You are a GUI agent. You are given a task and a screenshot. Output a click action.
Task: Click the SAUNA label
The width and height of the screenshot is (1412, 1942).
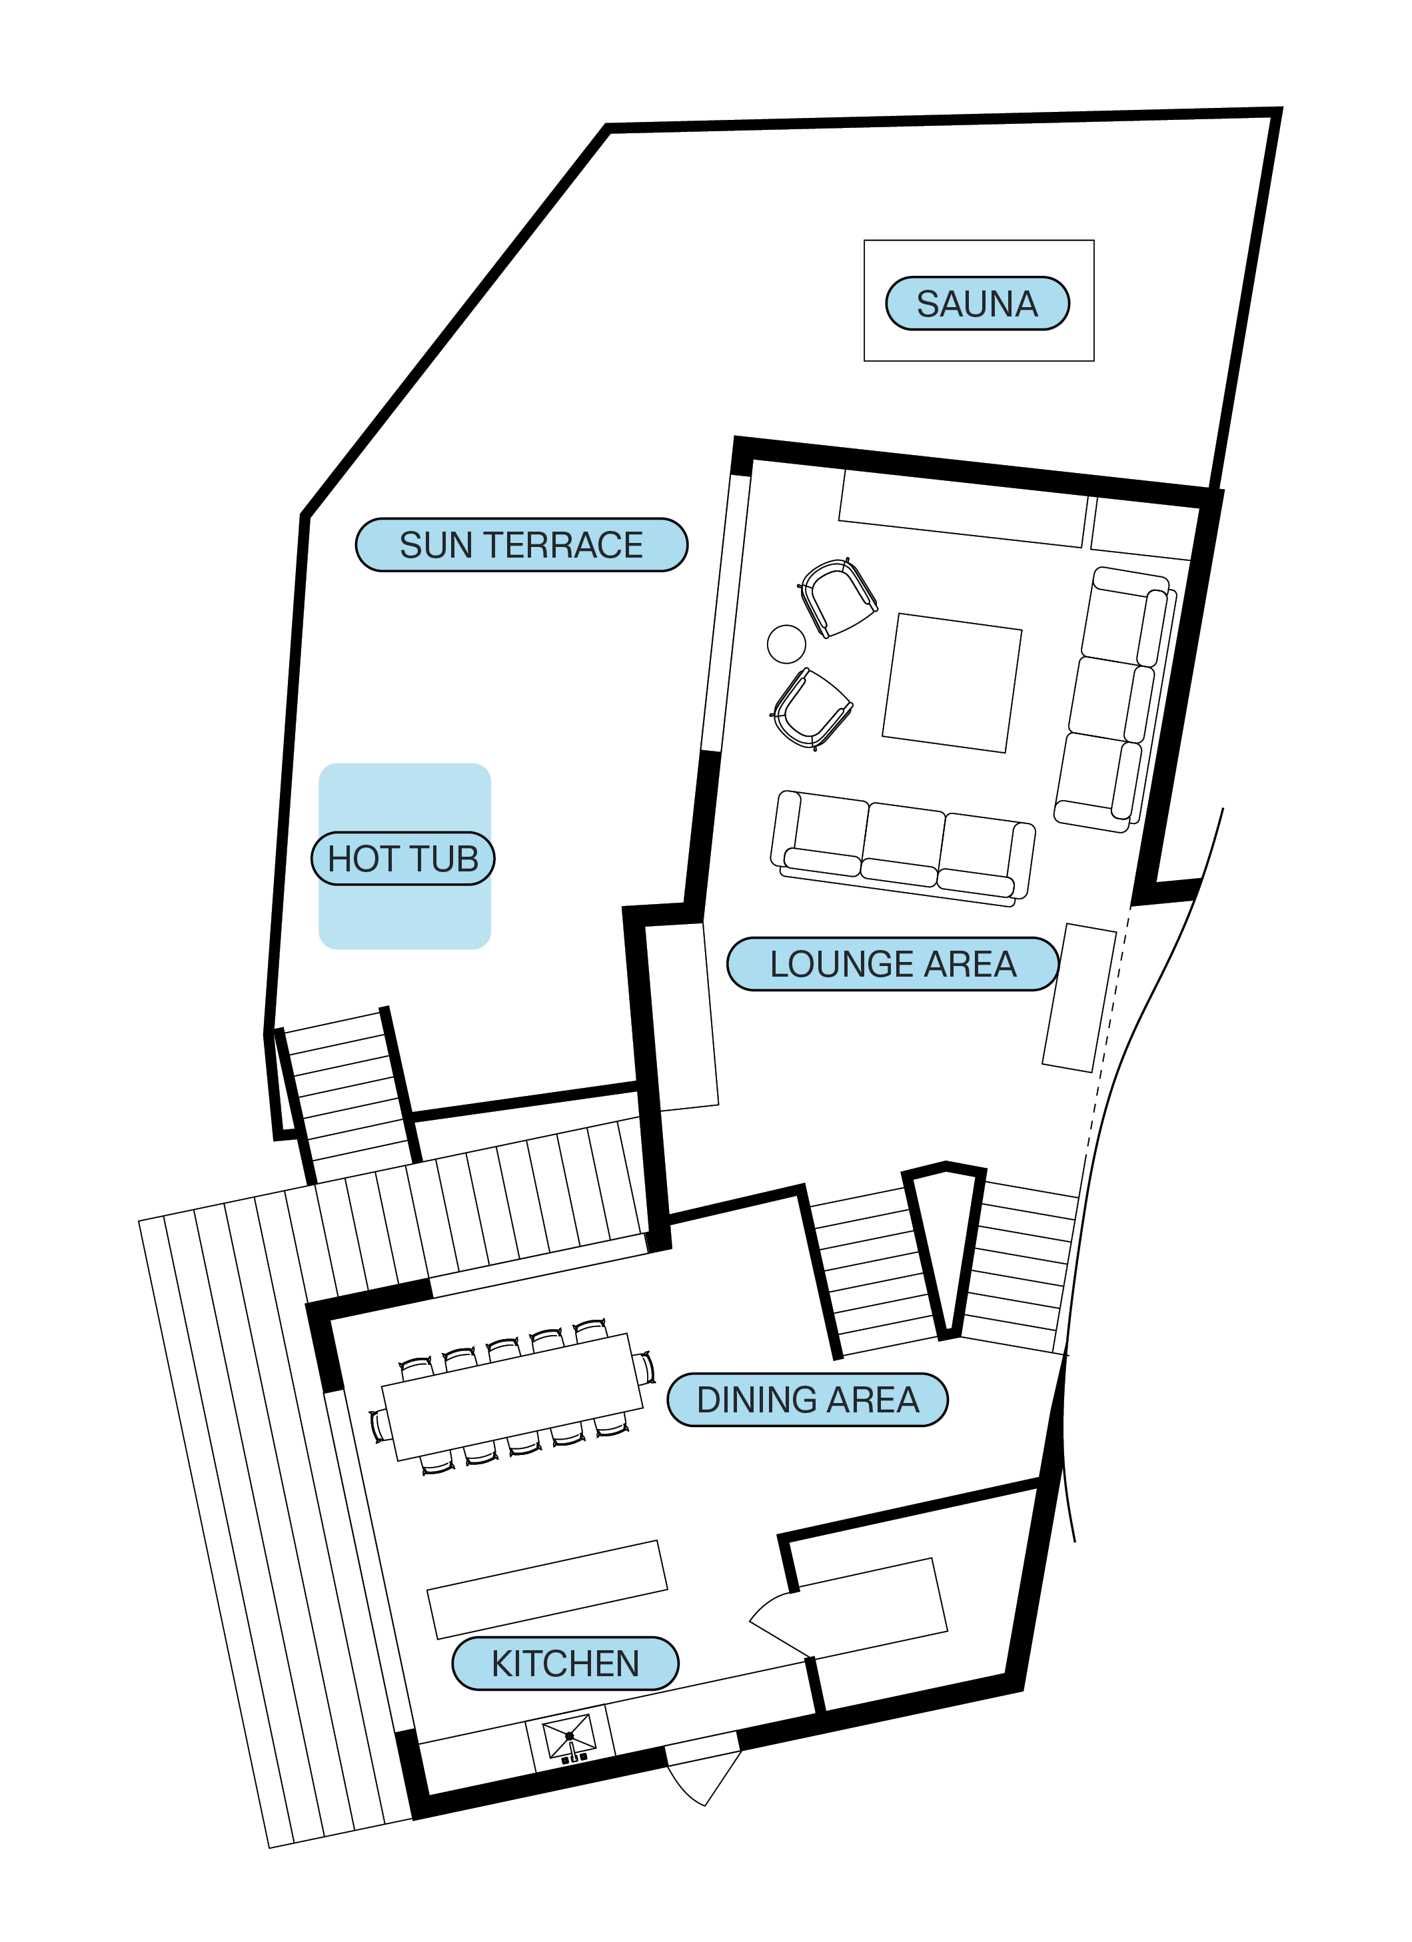coord(977,304)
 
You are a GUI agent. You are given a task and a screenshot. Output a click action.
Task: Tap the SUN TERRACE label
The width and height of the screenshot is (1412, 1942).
coord(522,546)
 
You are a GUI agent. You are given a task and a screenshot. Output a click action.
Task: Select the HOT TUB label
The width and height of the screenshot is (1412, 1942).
coord(403,859)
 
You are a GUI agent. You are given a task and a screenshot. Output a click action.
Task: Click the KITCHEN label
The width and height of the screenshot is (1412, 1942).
coord(565,1664)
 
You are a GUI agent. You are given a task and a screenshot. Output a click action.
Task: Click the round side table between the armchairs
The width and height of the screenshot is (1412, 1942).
coord(786,644)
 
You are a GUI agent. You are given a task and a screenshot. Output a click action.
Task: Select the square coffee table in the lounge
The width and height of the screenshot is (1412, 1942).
coord(952,684)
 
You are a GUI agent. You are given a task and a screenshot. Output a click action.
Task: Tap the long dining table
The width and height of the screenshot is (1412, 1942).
coord(512,1396)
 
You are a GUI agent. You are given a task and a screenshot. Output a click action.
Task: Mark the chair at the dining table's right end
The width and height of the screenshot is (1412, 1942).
coord(645,1368)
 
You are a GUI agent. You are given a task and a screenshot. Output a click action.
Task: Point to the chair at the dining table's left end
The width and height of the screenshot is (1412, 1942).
coord(379,1426)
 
